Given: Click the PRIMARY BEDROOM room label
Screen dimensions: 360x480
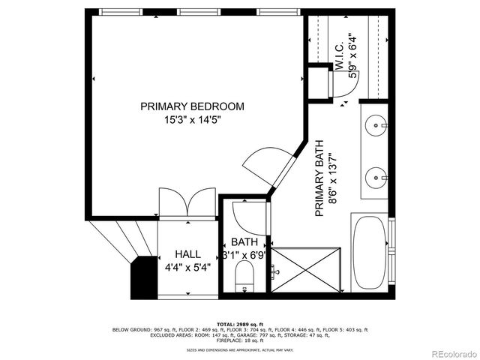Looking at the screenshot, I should pos(192,106).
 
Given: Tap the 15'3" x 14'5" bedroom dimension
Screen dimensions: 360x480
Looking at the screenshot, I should pos(192,119).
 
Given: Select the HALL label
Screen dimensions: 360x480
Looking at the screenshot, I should pos(187,254).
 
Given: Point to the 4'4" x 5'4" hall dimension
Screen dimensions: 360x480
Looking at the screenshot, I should pos(187,266).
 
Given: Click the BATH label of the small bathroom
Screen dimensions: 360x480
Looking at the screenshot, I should pos(244,242).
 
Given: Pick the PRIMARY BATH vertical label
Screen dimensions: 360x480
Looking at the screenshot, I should pos(319,179).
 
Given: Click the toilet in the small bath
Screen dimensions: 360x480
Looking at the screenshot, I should pos(244,283).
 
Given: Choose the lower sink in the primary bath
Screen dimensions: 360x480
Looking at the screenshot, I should pos(375,178).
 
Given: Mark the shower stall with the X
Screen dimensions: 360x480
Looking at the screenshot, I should pos(307,270).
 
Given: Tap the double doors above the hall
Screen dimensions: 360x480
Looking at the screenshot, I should pos(188,205).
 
